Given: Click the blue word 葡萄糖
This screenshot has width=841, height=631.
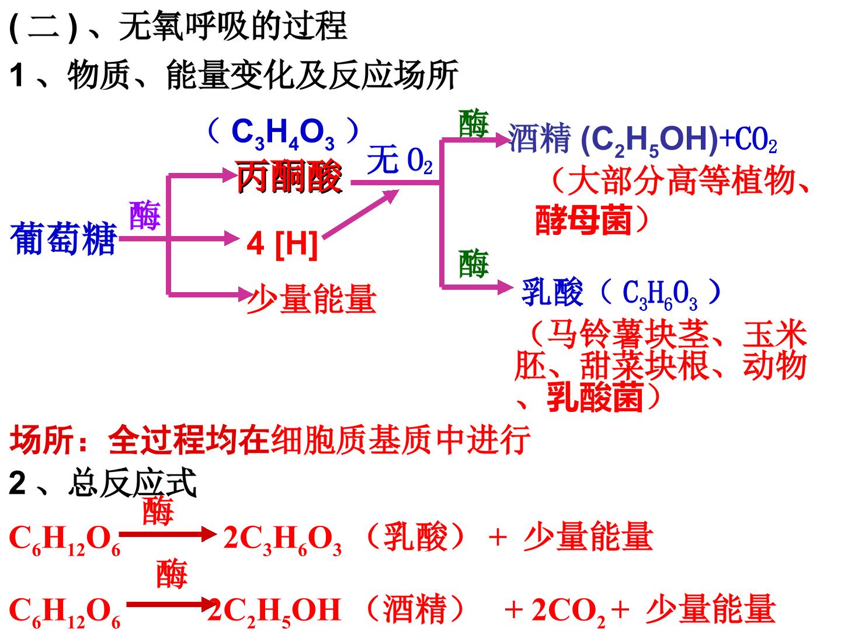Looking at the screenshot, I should coord(63,238).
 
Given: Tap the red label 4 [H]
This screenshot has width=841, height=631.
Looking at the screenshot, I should coord(283,242).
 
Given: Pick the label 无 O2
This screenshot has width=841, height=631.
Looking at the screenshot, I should coord(400,161).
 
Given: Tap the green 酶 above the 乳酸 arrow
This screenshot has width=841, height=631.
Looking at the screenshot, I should coord(473,264).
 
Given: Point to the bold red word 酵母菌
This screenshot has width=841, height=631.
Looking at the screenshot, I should coord(583,220).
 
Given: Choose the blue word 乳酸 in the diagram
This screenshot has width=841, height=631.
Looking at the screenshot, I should coord(552,292).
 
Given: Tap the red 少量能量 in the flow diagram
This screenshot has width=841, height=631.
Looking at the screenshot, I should coord(311,299).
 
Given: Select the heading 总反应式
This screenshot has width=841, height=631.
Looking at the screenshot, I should coord(133,484).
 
